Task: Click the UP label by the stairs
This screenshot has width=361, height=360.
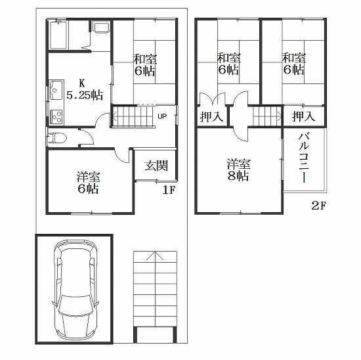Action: coord(162,116)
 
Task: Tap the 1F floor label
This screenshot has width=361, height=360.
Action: coord(169,190)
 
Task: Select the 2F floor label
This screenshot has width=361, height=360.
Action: coord(319,205)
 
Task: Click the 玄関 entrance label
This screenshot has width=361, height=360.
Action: coord(156,166)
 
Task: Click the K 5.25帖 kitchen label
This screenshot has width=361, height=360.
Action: coord(85,89)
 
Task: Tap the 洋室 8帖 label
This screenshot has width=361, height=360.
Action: coord(238,170)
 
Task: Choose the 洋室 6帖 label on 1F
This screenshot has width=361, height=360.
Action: coord(89,183)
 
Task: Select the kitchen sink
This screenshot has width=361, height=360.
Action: coord(56,90)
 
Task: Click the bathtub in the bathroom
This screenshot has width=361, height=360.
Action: coord(58,35)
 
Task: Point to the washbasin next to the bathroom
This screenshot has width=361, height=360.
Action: coord(100,28)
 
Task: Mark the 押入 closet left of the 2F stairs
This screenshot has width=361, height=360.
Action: coord(211,116)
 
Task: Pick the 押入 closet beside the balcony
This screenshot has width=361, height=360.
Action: coord(304,116)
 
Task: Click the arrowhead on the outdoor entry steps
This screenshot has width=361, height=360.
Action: coord(155,256)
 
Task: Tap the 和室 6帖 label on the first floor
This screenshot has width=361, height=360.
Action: coord(145,65)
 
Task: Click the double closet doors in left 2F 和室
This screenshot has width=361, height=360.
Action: coord(212,99)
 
